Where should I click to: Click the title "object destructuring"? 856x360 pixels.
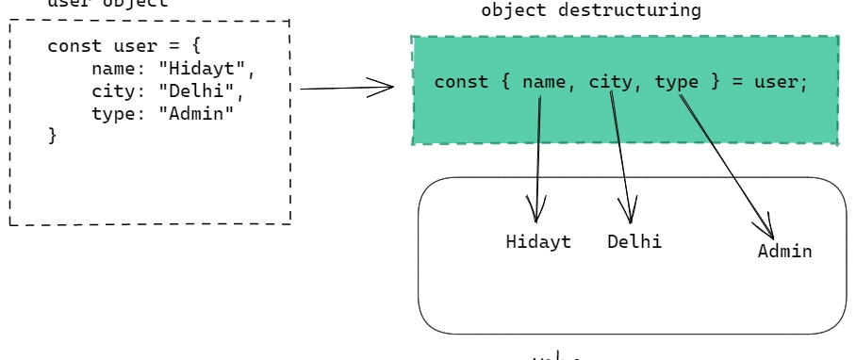591,10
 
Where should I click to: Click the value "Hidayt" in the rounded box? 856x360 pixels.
538,241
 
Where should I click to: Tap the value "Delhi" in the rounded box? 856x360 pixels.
634,241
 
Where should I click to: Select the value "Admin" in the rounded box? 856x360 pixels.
784,252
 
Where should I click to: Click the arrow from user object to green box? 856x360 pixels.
346,89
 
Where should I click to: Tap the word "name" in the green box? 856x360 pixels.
544,82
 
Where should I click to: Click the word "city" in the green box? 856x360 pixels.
611,82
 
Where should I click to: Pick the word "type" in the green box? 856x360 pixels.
677,82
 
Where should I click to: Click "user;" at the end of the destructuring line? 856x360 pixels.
782,82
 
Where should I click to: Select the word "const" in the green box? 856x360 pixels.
461,82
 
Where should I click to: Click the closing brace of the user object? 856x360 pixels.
53,136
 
